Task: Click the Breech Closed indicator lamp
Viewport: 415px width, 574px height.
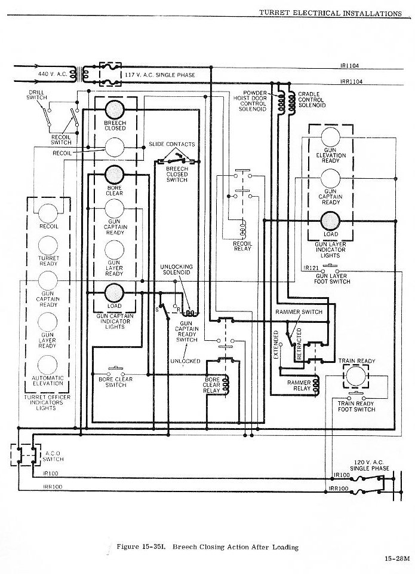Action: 115,109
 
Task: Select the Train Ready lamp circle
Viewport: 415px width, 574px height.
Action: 356,376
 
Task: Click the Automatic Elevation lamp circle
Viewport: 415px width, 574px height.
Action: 48,365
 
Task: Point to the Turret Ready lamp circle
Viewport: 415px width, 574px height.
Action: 48,245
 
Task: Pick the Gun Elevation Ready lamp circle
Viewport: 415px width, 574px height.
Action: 331,137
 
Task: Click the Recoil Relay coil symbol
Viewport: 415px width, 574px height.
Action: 243,230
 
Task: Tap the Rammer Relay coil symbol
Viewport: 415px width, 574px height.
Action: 316,386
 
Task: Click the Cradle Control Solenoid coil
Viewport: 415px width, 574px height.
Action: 292,103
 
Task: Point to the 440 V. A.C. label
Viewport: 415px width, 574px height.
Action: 53,74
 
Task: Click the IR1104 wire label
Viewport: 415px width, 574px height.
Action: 349,66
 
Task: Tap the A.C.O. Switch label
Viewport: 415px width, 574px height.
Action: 53,456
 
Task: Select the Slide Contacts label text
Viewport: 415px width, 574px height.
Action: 172,144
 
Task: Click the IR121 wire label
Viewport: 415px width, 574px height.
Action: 311,268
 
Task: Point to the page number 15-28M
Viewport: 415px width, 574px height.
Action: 398,558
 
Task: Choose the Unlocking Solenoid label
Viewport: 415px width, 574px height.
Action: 177,270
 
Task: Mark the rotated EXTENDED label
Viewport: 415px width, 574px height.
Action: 276,345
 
